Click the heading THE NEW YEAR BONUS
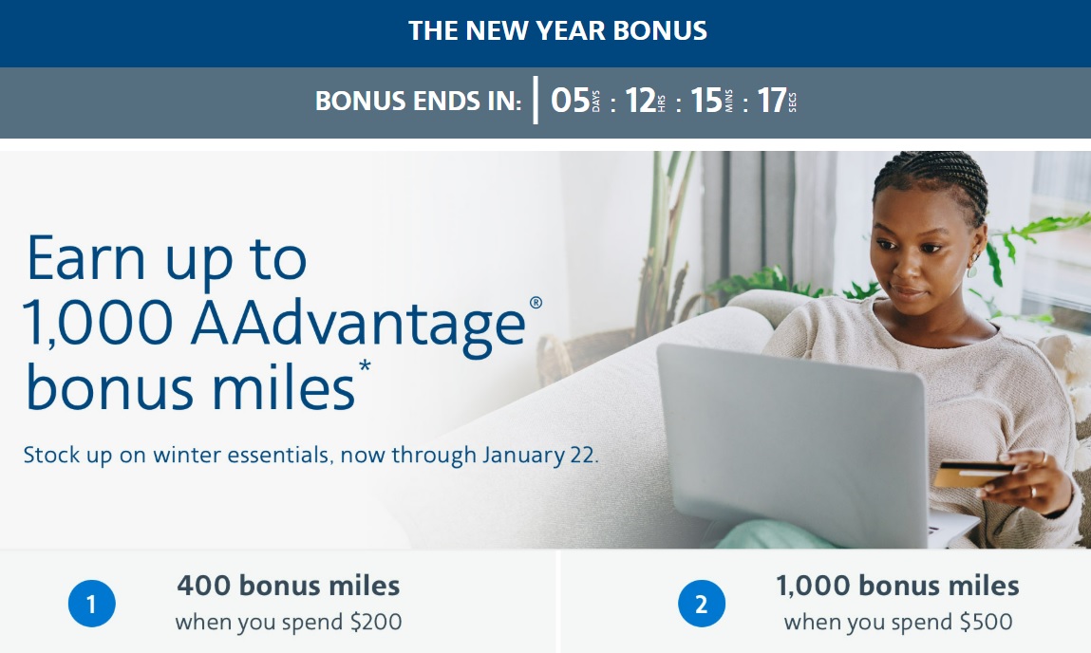tap(557, 30)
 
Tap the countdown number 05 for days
tap(570, 101)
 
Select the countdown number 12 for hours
tap(641, 101)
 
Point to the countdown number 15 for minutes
tap(706, 101)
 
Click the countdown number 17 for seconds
tap(772, 101)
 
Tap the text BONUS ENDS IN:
tap(418, 102)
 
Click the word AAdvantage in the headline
tap(357, 325)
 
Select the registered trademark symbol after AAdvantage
tap(536, 303)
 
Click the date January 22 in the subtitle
tap(538, 455)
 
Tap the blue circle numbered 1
tap(91, 604)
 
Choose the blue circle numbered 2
tap(702, 604)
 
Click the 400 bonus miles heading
tap(288, 586)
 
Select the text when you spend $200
tap(288, 623)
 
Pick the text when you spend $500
tap(897, 623)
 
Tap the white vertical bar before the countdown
tap(536, 101)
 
